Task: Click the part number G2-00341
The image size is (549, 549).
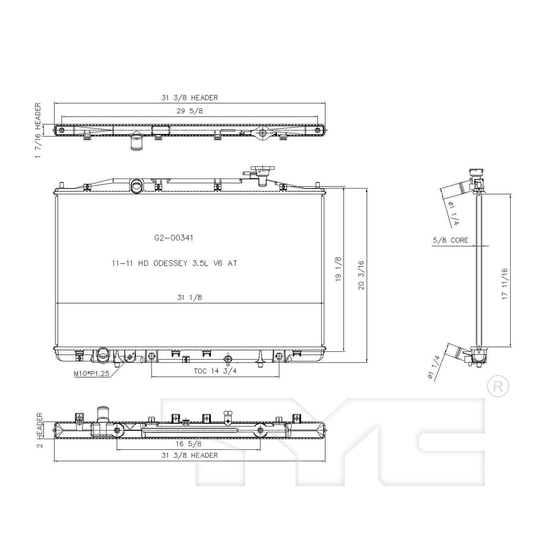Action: (174, 238)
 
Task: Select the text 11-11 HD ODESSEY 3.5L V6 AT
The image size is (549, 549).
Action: (174, 263)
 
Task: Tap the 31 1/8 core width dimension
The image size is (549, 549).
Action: (190, 297)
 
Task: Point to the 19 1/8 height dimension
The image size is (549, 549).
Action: (338, 269)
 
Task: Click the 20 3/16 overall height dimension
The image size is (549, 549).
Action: (361, 275)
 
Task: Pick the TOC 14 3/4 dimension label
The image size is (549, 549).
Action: (215, 371)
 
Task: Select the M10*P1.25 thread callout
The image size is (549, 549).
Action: (92, 373)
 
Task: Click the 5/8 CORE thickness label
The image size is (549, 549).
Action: (450, 240)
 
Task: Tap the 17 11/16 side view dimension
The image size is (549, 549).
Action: (505, 284)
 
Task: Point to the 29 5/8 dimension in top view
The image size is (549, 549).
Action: (190, 111)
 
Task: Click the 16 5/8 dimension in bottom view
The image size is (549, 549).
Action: (189, 443)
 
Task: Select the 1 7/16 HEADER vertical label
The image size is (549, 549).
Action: (38, 131)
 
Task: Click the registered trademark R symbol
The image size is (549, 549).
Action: (498, 386)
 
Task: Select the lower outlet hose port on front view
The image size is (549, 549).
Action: (103, 354)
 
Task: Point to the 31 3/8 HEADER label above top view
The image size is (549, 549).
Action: (190, 98)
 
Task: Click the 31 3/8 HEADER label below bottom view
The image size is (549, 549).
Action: (190, 455)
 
